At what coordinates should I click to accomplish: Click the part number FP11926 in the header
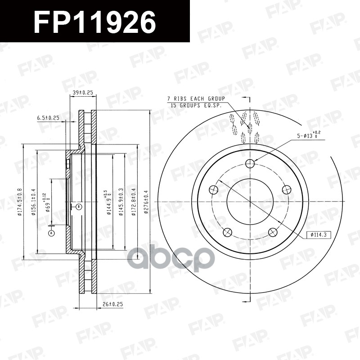coord(95,21)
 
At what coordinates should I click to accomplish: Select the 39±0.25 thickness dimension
coord(83,92)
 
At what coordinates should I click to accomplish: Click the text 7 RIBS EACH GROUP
coord(196,99)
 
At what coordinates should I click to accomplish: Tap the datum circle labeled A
coord(51,233)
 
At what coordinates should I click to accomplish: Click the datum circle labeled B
coord(78,207)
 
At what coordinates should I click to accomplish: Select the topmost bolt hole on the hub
coord(251,163)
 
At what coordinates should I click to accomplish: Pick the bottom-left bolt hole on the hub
coord(228,232)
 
